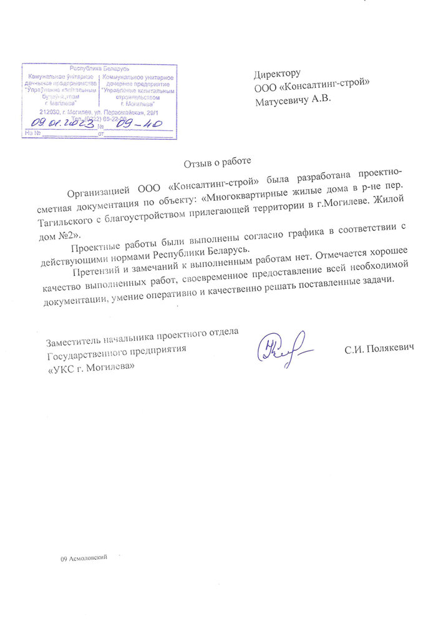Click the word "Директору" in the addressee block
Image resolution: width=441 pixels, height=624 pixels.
(278, 74)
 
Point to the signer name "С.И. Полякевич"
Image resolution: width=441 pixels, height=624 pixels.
(379, 347)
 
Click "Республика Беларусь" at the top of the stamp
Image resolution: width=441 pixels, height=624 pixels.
(99, 67)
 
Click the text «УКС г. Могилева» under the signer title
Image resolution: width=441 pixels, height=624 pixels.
(91, 367)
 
